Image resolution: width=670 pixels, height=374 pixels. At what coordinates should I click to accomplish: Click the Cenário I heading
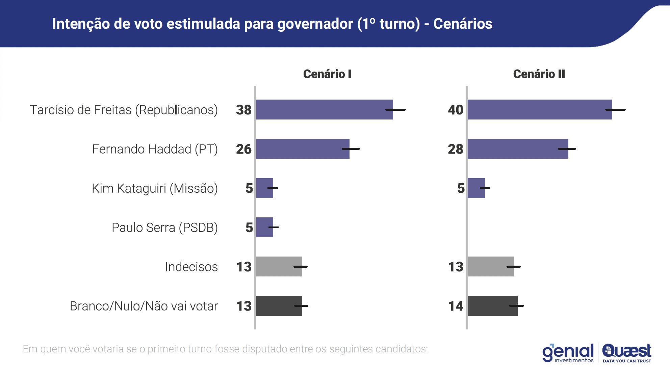[327, 74]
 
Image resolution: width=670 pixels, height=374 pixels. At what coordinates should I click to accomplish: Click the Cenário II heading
[539, 74]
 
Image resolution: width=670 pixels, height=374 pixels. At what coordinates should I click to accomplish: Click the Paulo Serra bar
[264, 227]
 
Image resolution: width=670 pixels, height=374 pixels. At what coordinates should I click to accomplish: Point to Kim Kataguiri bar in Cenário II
[475, 188]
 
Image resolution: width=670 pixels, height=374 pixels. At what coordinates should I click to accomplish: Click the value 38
[243, 110]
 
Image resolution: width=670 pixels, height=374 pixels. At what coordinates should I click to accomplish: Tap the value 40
[456, 110]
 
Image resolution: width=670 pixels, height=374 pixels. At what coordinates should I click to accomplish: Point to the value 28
[456, 149]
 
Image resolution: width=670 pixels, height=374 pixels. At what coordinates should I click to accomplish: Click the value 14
[456, 306]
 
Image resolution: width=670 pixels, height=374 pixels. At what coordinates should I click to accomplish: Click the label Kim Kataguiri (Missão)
[155, 188]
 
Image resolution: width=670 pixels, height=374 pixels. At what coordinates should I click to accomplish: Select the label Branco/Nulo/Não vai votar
[144, 306]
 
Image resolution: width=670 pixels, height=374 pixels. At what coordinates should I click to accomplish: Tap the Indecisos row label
[191, 267]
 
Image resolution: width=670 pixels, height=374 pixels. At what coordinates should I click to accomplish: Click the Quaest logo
[627, 352]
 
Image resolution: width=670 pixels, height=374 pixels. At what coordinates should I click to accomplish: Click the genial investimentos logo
[568, 353]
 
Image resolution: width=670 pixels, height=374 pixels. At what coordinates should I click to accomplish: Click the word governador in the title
[315, 24]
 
